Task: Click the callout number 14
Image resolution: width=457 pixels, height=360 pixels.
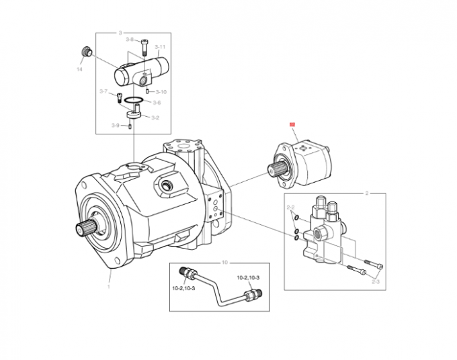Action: (x=79, y=69)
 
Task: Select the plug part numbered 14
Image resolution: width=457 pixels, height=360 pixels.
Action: (x=85, y=52)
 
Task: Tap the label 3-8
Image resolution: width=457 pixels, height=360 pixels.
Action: (x=130, y=40)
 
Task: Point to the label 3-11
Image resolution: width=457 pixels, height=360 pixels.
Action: (x=159, y=47)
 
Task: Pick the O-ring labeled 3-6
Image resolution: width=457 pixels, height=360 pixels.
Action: (x=134, y=103)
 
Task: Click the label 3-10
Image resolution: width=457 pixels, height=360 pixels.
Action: (x=161, y=91)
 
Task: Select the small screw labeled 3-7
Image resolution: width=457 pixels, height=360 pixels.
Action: (x=119, y=95)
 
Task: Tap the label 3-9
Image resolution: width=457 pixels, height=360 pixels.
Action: (x=115, y=126)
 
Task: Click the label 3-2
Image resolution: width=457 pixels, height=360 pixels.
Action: (x=155, y=118)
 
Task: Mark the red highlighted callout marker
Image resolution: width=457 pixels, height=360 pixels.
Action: (x=292, y=124)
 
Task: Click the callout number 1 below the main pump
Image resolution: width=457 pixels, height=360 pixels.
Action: (x=108, y=286)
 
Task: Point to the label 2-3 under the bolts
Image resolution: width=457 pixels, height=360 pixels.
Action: (x=376, y=282)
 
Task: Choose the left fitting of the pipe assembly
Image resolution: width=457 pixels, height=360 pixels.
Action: (x=188, y=273)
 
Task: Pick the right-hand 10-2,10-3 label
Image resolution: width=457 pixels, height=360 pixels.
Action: (x=247, y=277)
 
